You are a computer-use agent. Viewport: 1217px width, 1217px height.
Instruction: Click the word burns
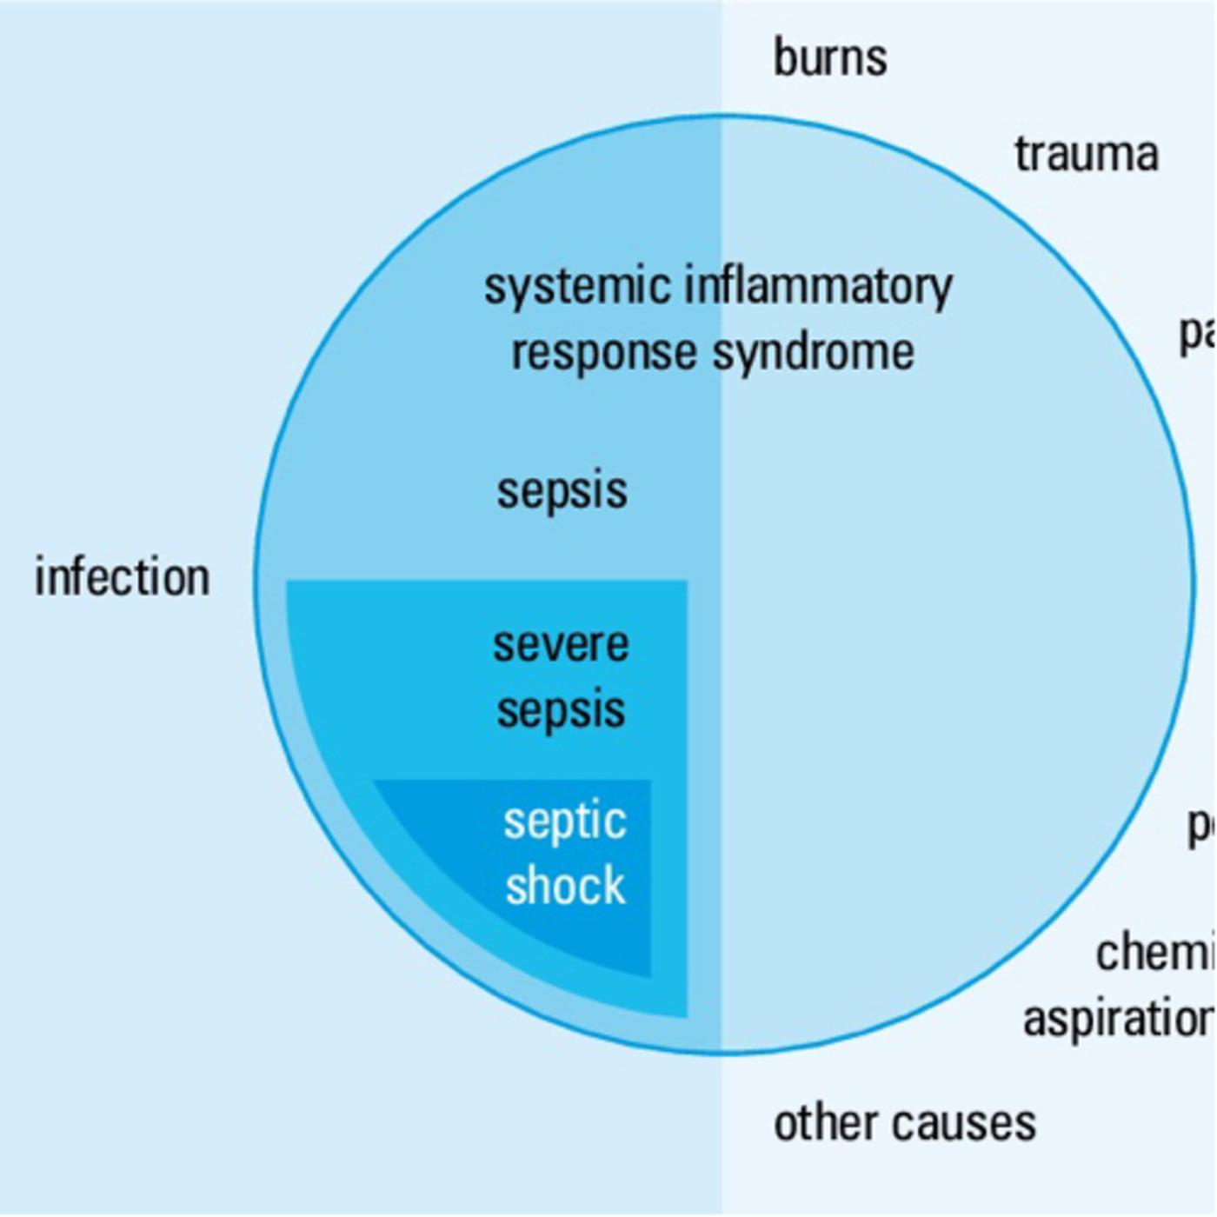(x=830, y=58)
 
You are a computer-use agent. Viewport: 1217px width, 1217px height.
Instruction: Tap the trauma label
(x=1087, y=155)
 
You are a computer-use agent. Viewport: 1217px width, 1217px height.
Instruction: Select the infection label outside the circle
(x=122, y=577)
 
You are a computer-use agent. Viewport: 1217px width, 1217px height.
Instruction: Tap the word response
(x=603, y=353)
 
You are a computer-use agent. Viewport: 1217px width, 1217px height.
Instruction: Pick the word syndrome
(x=813, y=353)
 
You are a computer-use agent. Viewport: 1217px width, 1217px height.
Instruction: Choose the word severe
(x=561, y=645)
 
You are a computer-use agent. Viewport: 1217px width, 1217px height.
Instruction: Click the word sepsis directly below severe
(x=561, y=711)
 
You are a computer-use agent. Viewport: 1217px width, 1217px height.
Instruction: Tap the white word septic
(x=565, y=822)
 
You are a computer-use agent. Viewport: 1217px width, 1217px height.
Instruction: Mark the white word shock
(x=565, y=887)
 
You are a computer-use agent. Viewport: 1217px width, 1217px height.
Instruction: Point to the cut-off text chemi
(x=1154, y=953)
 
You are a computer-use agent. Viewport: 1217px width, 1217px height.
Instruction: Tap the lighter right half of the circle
(x=956, y=608)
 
